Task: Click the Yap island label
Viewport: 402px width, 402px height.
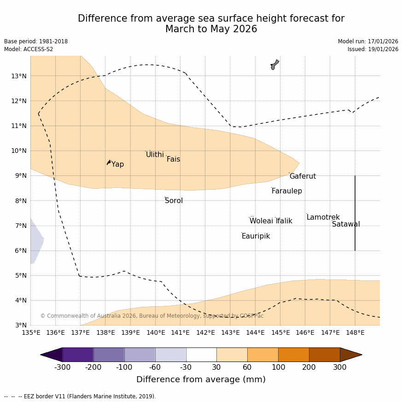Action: [x=117, y=164]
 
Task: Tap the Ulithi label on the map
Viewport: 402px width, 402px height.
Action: [x=155, y=155]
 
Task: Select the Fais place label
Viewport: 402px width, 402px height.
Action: [x=173, y=159]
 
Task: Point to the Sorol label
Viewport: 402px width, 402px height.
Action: [x=174, y=201]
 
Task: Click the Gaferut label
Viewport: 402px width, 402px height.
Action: [x=303, y=176]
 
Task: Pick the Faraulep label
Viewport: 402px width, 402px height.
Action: [x=286, y=191]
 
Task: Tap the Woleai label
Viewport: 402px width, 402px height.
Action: [x=261, y=221]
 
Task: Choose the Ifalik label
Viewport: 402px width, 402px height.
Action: [x=284, y=221]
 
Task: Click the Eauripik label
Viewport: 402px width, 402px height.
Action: [x=256, y=236]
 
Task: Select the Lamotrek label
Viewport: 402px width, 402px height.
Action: [x=323, y=217]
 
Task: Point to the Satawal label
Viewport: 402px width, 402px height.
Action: [x=346, y=224]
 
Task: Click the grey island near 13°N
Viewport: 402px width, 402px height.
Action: [x=274, y=64]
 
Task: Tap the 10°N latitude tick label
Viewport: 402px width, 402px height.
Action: [x=18, y=151]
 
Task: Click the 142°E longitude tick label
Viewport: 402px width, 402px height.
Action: [x=205, y=332]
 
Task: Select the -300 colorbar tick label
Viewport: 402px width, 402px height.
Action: [x=63, y=367]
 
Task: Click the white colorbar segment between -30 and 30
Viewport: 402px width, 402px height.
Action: [x=201, y=355]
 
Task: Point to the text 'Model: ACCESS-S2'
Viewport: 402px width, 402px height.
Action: [x=29, y=49]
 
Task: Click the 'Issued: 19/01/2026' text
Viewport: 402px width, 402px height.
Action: [x=373, y=49]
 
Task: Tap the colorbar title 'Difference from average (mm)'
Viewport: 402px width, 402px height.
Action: [x=201, y=379]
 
